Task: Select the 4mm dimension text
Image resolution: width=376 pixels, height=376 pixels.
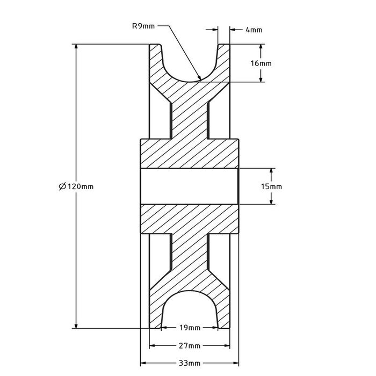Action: click(254, 30)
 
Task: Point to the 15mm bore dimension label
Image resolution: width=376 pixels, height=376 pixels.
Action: click(272, 186)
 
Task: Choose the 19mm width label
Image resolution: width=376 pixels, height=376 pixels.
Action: click(190, 328)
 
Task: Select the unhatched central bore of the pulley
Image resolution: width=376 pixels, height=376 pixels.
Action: click(190, 186)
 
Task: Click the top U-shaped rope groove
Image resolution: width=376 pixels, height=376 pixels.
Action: click(190, 64)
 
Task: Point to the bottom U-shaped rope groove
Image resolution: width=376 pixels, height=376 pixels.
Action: click(190, 309)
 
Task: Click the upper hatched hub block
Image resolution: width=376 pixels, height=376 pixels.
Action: click(190, 154)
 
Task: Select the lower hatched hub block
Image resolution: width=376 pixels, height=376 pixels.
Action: click(190, 219)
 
